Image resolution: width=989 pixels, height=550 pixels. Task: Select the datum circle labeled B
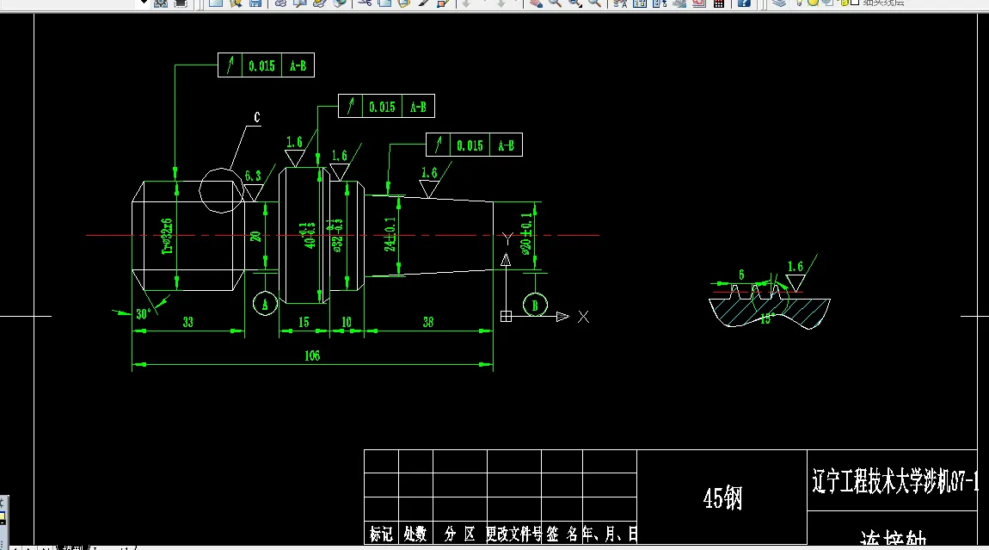pyautogui.click(x=535, y=304)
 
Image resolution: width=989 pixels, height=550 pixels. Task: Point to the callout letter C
pyautogui.click(x=256, y=118)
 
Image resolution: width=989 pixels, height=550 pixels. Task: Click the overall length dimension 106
pyautogui.click(x=311, y=355)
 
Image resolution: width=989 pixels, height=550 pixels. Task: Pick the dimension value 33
pyautogui.click(x=187, y=322)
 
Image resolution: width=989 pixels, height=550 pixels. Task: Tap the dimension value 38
pyautogui.click(x=427, y=322)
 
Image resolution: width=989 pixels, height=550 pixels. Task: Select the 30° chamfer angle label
pyautogui.click(x=144, y=314)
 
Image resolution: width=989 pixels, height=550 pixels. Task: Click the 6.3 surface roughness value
pyautogui.click(x=253, y=176)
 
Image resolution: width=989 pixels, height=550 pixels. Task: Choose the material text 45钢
pyautogui.click(x=722, y=497)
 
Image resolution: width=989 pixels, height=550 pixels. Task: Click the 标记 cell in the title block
pyautogui.click(x=381, y=535)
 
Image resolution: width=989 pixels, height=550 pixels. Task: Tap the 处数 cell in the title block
pyautogui.click(x=415, y=535)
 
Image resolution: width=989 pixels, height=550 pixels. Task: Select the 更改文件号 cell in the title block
pyautogui.click(x=513, y=535)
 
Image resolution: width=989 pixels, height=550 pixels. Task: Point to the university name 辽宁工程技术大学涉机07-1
pyautogui.click(x=894, y=481)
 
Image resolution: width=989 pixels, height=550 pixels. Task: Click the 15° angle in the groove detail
pyautogui.click(x=767, y=318)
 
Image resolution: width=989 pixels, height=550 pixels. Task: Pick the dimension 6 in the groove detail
pyautogui.click(x=741, y=274)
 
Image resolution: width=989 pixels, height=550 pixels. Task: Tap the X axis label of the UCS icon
pyautogui.click(x=584, y=317)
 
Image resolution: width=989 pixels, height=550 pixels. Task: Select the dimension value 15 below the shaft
pyautogui.click(x=304, y=322)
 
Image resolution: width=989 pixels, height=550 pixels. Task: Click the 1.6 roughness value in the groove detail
pyautogui.click(x=795, y=267)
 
